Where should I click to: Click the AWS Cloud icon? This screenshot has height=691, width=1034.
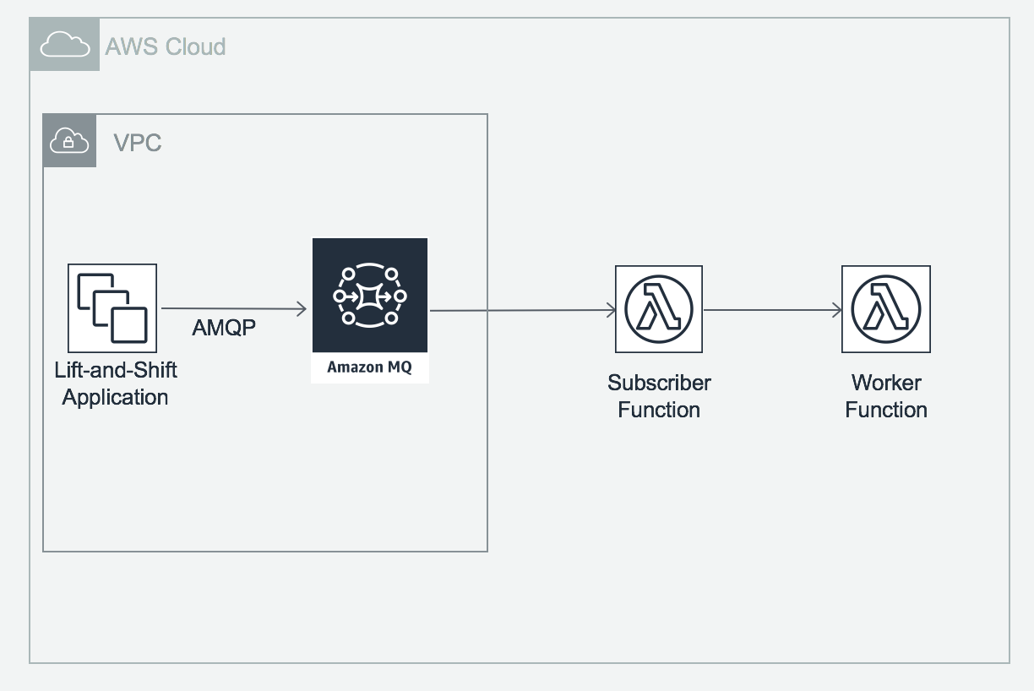click(x=65, y=45)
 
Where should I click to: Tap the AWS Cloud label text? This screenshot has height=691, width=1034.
click(x=166, y=46)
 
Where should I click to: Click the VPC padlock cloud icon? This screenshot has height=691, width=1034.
click(x=69, y=141)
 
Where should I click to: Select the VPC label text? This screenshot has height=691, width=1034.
click(x=138, y=143)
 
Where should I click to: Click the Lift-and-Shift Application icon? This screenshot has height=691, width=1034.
click(x=112, y=308)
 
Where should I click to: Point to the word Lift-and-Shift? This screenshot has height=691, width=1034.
click(x=116, y=370)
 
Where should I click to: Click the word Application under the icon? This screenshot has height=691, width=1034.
click(x=115, y=397)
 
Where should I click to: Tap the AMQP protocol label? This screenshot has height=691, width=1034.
click(x=224, y=329)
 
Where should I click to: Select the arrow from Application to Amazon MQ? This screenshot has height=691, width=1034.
click(x=234, y=310)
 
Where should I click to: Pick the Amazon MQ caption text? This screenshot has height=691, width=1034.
click(x=370, y=367)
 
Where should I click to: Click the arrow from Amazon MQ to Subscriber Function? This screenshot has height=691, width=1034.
click(x=524, y=311)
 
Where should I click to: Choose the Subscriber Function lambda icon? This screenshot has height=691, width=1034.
click(x=659, y=309)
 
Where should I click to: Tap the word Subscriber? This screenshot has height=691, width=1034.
click(x=659, y=383)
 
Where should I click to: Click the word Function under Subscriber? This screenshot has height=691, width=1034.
click(x=659, y=410)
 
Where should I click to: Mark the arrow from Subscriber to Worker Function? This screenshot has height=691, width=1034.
click(x=772, y=310)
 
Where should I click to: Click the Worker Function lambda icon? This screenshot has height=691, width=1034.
click(x=886, y=309)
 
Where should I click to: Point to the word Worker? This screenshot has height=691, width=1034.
click(x=886, y=383)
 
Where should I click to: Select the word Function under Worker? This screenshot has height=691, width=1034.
click(x=886, y=410)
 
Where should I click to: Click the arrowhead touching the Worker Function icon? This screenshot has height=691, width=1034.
click(x=836, y=310)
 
